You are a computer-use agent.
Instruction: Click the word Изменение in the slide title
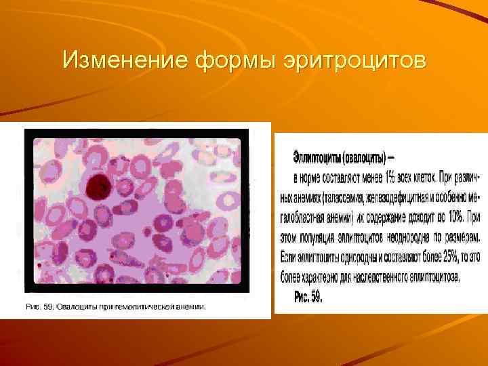point(125,61)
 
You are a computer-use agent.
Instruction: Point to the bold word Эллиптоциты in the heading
point(317,157)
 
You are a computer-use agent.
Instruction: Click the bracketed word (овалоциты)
point(363,157)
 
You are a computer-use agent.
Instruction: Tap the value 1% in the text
point(390,177)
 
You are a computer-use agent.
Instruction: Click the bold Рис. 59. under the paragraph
point(308,296)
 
